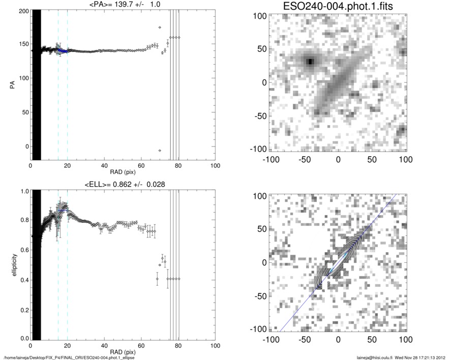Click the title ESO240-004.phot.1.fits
(337, 6)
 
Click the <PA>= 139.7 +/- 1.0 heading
(123, 5)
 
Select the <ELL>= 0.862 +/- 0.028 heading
(123, 184)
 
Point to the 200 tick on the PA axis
(22, 11)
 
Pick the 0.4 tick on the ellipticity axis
(22, 279)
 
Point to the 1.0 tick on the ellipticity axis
(22, 192)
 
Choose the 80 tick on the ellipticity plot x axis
(178, 346)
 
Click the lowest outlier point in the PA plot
(160, 151)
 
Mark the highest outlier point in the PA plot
(160, 27)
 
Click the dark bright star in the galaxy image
(310, 62)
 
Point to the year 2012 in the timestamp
(441, 357)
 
